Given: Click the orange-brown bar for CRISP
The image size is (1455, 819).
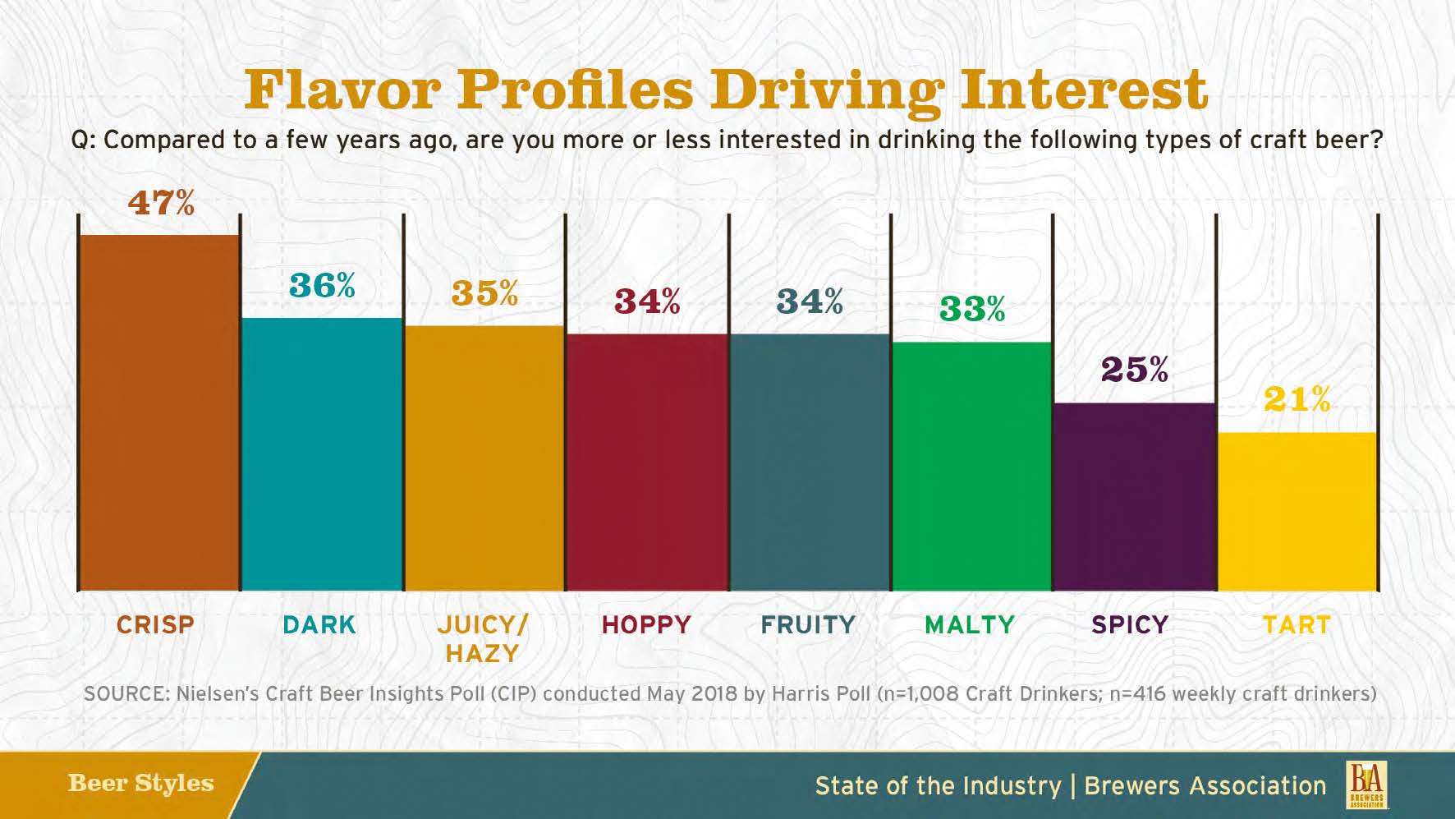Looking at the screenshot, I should coord(158,412).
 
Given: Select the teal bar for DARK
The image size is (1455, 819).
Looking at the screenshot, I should coord(322,453).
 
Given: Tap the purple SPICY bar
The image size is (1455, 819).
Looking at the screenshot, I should coord(1134,496).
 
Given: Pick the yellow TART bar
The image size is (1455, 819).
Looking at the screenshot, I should coord(1297,511).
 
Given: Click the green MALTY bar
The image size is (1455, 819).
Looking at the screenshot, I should coord(971,466).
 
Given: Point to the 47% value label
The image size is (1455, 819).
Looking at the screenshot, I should coord(161,202).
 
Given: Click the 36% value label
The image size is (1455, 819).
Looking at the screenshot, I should coord(322,286).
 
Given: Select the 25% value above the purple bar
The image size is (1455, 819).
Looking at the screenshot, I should coord(1134,370).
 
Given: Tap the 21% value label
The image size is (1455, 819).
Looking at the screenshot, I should coord(1297,400).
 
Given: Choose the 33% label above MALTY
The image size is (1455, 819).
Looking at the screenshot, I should coord(971,310).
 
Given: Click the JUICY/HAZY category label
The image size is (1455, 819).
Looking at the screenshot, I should coord(483,638).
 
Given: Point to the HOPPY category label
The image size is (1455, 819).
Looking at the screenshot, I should coord(646,625).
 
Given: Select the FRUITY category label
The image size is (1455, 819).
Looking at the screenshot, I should coord(808,625).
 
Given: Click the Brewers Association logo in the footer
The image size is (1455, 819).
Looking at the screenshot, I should coord(1366,784).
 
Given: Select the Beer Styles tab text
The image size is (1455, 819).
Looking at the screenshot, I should coord(140,783).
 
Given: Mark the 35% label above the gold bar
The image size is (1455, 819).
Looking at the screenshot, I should coord(484,293).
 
